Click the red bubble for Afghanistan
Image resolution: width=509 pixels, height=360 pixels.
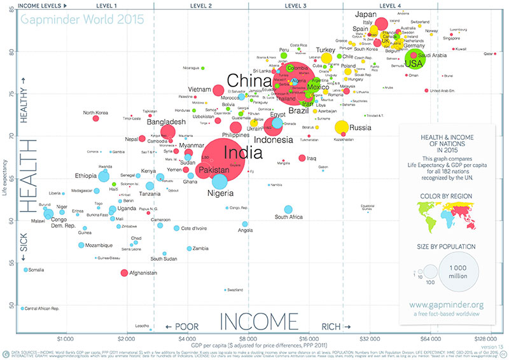pyautogui.click(x=124, y=273)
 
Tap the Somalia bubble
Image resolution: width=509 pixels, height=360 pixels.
pyautogui.click(x=25, y=270)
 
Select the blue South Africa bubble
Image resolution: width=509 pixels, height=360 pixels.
pyautogui.click(x=288, y=209)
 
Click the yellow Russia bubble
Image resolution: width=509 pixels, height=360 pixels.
pyautogui.click(x=342, y=127)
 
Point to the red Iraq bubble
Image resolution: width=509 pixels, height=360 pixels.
pyautogui.click(x=302, y=158)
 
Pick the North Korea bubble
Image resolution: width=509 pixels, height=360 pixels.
pyautogui.click(x=95, y=118)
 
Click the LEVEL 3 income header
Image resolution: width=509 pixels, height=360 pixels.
pyautogui.click(x=296, y=5)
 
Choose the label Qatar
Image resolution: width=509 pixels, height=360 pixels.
pyautogui.click(x=490, y=54)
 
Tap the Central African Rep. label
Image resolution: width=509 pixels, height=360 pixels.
pyautogui.click(x=42, y=308)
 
